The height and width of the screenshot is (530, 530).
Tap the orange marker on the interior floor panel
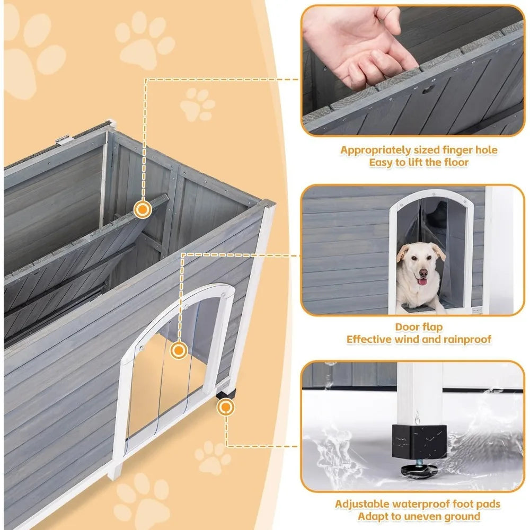coord(142,209)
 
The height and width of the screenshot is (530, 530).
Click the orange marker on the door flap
coord(180,350)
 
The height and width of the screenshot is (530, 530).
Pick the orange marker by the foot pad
coord(226,407)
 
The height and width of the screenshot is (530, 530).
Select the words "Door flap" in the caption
coord(419,327)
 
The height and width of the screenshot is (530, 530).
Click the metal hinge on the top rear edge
coord(64,139)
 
